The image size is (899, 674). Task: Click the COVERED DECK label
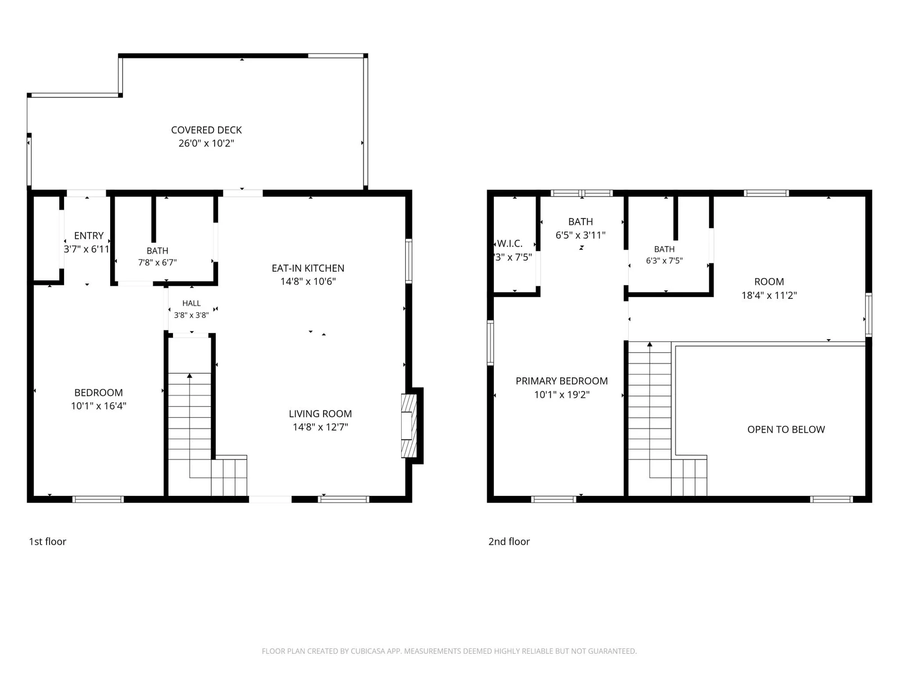[x=206, y=130]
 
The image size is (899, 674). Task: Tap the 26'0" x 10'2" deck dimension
[x=206, y=143]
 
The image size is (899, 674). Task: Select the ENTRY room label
[x=89, y=236]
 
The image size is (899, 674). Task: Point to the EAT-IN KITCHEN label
[x=308, y=268]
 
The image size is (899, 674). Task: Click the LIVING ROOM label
[x=320, y=414]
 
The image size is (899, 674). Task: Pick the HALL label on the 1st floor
[x=191, y=303]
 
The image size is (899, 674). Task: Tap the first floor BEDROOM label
[x=99, y=393]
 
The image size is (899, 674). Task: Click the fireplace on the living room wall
[x=408, y=426]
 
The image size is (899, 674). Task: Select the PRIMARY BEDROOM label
[x=561, y=381]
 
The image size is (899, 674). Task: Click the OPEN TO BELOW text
[x=786, y=430]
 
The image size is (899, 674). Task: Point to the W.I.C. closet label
[x=510, y=244]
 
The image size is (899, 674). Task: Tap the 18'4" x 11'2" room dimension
[x=769, y=295]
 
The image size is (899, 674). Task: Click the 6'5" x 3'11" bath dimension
[x=580, y=235]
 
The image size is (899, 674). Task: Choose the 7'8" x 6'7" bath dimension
[x=157, y=262]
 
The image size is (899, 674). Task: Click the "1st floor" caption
[x=48, y=541]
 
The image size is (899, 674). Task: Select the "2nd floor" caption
[x=509, y=541]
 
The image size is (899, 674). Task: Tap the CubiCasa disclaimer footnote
[x=449, y=651]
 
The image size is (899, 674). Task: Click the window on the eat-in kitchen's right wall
[x=408, y=261]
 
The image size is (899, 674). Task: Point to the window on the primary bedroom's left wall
[x=491, y=343]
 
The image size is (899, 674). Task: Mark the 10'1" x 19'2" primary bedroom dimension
[x=562, y=395]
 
